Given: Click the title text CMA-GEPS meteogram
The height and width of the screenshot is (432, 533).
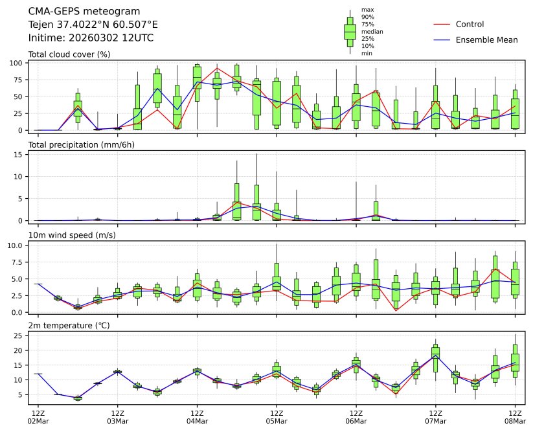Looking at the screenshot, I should tap(75, 11).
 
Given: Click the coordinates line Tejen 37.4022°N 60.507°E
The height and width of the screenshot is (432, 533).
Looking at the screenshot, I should tap(93, 25).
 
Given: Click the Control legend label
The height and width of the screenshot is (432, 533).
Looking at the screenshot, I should tap(470, 25).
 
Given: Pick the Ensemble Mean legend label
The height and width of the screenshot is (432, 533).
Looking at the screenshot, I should tap(486, 40).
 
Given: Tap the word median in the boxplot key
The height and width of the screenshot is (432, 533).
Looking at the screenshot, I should tap(368, 32).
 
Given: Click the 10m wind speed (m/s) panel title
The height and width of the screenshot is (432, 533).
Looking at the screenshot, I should tap(72, 235).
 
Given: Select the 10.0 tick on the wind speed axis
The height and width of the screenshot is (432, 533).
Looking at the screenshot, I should tap(16, 245).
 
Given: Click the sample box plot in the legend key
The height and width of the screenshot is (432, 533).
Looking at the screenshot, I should tap(350, 32).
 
